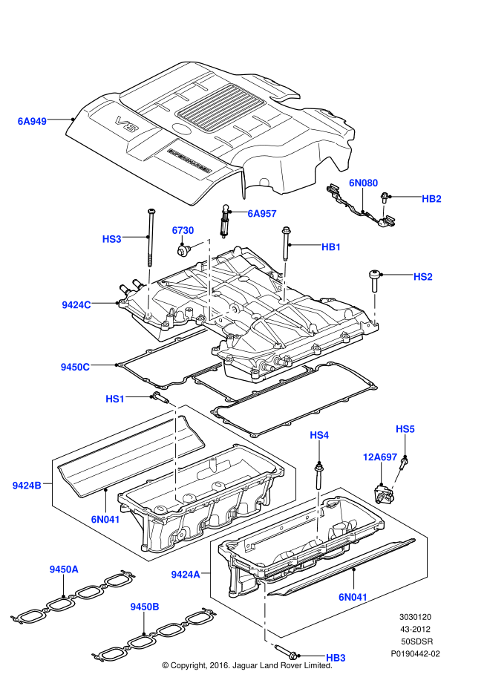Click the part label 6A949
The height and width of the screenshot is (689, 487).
coord(32,121)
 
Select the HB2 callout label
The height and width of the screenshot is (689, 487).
coord(431,199)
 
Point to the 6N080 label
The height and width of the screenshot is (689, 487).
coord(363,183)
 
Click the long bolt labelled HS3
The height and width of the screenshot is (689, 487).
coord(151,238)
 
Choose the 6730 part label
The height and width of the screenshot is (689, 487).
coord(183,230)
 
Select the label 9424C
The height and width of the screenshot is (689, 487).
coord(76,305)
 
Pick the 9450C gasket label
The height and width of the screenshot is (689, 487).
coord(75,367)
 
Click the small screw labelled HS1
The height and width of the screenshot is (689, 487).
coord(160,398)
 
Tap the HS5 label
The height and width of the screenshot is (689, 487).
coord(405,429)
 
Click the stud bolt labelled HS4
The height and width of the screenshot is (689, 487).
coord(318,476)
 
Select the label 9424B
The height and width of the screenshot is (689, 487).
coord(27,486)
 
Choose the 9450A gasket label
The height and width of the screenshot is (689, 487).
coord(64,569)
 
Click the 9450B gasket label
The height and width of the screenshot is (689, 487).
coord(144,607)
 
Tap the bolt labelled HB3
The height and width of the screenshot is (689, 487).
coord(287,652)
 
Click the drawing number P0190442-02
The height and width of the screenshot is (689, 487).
coord(415,654)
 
